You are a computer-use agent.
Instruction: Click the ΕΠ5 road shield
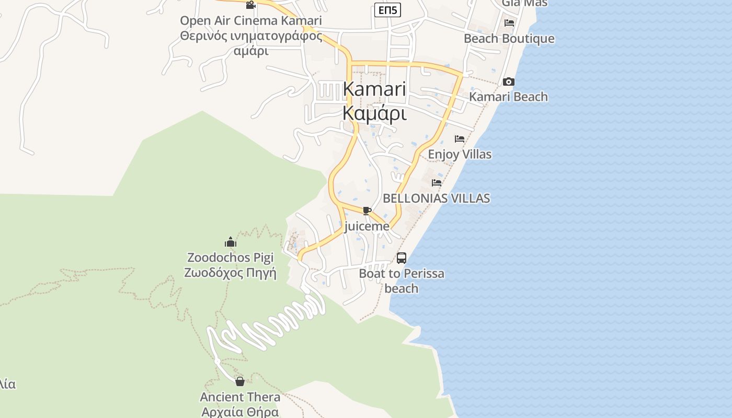[x=387, y=9]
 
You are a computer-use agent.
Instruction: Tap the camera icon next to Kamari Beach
[x=508, y=82]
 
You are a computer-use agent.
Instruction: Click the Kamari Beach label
[x=508, y=97]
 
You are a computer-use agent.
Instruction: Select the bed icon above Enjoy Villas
[x=460, y=139]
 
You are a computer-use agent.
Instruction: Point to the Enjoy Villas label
[x=460, y=154]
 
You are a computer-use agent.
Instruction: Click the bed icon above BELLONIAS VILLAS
[x=437, y=183]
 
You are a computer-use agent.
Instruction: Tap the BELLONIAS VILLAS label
[x=437, y=198]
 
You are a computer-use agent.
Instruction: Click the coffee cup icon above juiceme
[x=367, y=211]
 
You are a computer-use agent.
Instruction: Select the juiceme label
[x=367, y=226]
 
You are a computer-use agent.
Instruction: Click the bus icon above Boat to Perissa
[x=402, y=258]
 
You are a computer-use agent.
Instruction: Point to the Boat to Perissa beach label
[x=402, y=281]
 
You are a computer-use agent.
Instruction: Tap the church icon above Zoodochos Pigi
[x=231, y=242]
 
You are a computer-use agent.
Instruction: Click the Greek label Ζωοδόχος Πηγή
[x=230, y=273]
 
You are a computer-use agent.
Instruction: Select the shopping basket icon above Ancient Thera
[x=240, y=381]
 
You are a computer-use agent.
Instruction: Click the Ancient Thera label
[x=240, y=397]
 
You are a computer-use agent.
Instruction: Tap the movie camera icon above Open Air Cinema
[x=250, y=5]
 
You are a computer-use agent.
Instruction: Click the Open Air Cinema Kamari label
[x=251, y=21]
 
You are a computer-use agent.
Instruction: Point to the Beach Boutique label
[x=509, y=39]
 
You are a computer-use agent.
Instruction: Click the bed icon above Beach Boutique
[x=509, y=23]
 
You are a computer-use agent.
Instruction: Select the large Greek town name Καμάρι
[x=374, y=112]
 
